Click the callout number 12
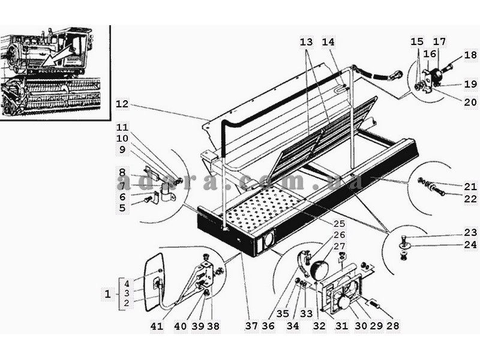point(122,104)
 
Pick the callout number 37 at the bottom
point(251,326)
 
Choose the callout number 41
point(157,326)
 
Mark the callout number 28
point(393,326)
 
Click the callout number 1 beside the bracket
point(107,295)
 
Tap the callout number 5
point(122,208)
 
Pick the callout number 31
point(342,326)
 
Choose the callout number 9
point(122,149)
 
